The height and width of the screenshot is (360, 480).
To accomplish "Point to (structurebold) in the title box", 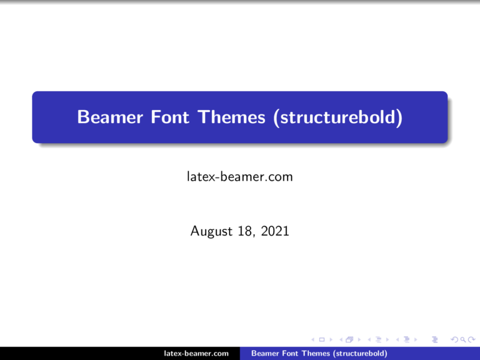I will pyautogui.click(x=336, y=117).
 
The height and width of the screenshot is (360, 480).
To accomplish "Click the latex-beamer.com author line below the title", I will pyautogui.click(x=240, y=177).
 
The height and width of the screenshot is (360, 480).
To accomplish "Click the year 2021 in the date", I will pyautogui.click(x=276, y=232).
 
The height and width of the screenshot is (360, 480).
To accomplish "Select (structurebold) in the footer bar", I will pyautogui.click(x=359, y=354).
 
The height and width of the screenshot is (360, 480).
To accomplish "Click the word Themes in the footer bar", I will pyautogui.click(x=315, y=354).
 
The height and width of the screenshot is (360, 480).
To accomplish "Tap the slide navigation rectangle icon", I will pyautogui.click(x=321, y=339).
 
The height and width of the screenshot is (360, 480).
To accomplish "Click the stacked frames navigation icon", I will pyautogui.click(x=348, y=339).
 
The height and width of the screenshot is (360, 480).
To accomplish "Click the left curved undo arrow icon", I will pyautogui.click(x=454, y=339).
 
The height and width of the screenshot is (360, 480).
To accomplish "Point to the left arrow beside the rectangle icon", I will pyautogui.click(x=313, y=339).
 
